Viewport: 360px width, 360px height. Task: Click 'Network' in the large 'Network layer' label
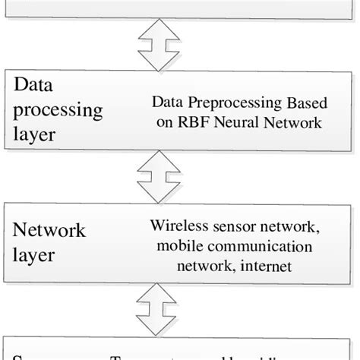(49, 230)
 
